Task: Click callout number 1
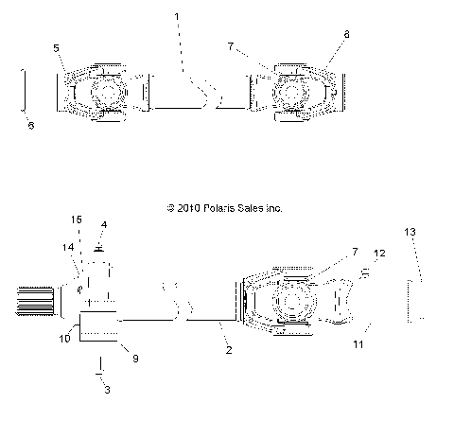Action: [177, 16]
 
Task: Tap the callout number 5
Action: [56, 48]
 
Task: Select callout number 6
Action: [31, 126]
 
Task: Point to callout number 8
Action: [346, 34]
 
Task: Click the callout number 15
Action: [76, 219]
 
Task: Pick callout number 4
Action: [104, 225]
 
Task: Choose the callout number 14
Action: [68, 248]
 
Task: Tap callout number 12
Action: [379, 254]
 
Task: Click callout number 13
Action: [410, 232]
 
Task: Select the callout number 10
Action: [64, 339]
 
